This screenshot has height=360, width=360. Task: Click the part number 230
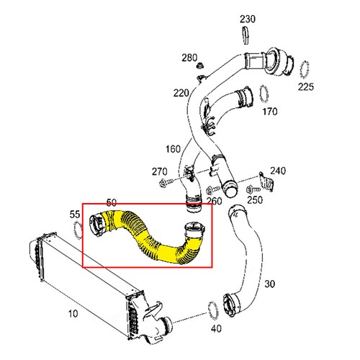248,18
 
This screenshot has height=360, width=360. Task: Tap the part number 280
189,57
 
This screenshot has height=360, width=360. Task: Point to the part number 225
307,87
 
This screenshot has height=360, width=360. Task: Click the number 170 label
270,112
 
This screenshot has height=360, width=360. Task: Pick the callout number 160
173,150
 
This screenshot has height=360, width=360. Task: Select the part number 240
278,171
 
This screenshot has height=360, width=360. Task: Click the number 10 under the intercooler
72,313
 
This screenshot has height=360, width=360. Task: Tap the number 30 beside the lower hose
269,284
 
